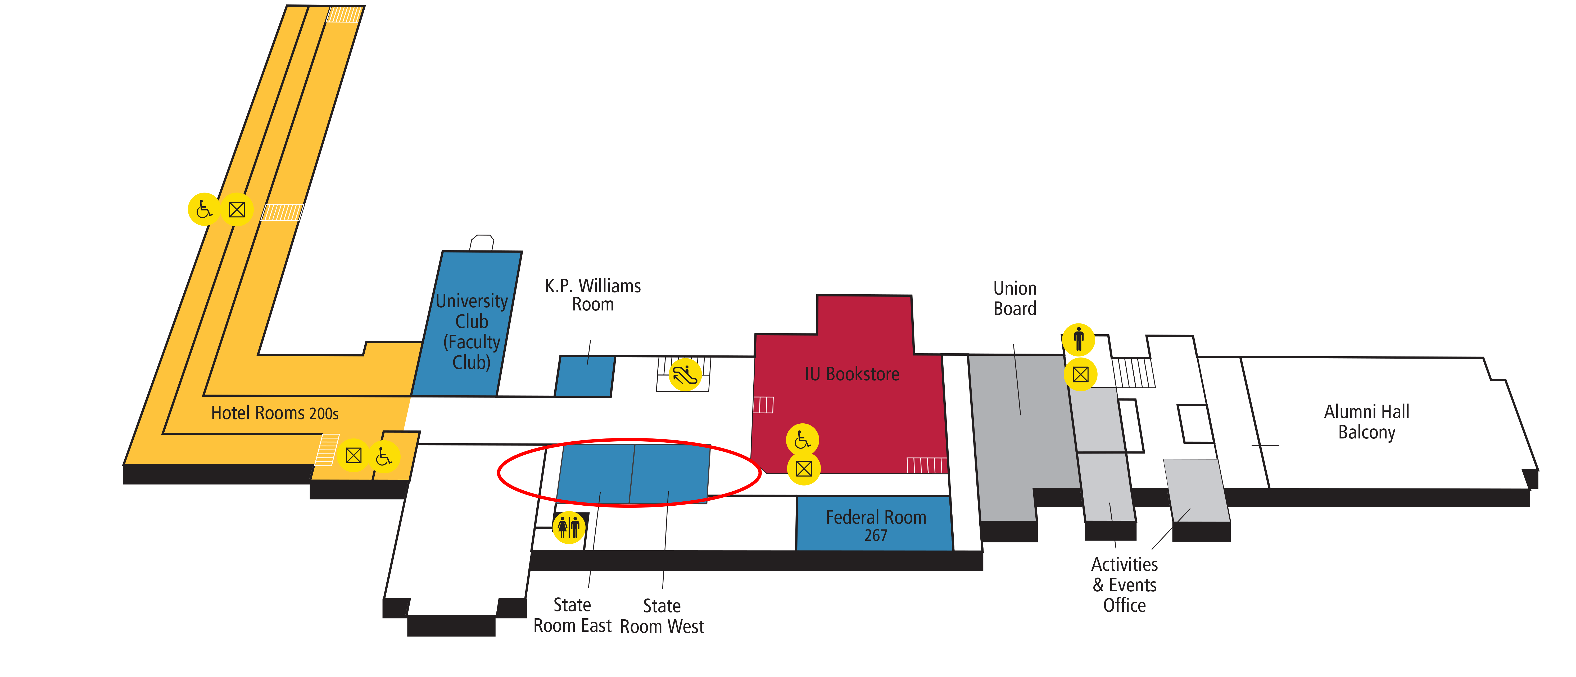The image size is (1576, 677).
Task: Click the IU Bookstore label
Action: click(x=852, y=374)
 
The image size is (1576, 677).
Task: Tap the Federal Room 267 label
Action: click(x=876, y=525)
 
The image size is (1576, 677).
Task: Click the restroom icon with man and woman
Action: click(x=568, y=527)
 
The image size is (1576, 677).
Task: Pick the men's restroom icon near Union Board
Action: click(x=1079, y=339)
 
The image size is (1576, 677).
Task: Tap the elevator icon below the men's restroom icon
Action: click(x=1080, y=374)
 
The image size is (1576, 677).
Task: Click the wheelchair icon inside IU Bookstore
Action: click(x=802, y=440)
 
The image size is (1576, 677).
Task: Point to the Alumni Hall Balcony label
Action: click(x=1366, y=421)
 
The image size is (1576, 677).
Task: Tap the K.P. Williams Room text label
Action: click(x=592, y=295)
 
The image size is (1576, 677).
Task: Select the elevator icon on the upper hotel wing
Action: click(x=237, y=209)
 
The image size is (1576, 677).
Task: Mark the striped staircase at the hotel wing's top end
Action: click(x=344, y=14)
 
